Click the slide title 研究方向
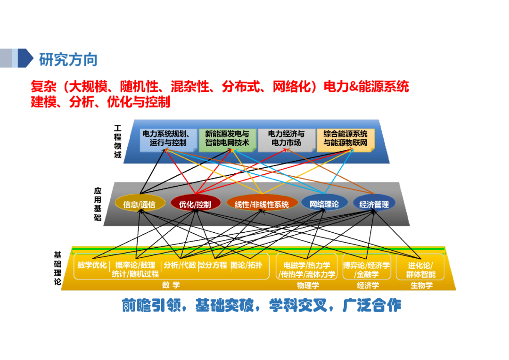68,60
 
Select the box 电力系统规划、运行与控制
168,138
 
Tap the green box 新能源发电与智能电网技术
227,138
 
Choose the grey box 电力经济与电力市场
287,138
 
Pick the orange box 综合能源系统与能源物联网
345,138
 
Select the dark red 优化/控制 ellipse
195,204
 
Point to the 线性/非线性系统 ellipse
262,204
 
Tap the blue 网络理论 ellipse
324,204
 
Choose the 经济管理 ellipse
374,204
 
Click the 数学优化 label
92,265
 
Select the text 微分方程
213,265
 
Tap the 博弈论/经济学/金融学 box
367,270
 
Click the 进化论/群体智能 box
421,270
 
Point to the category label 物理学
308,286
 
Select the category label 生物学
421,286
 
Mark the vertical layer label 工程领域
117,141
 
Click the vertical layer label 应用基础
98,204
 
